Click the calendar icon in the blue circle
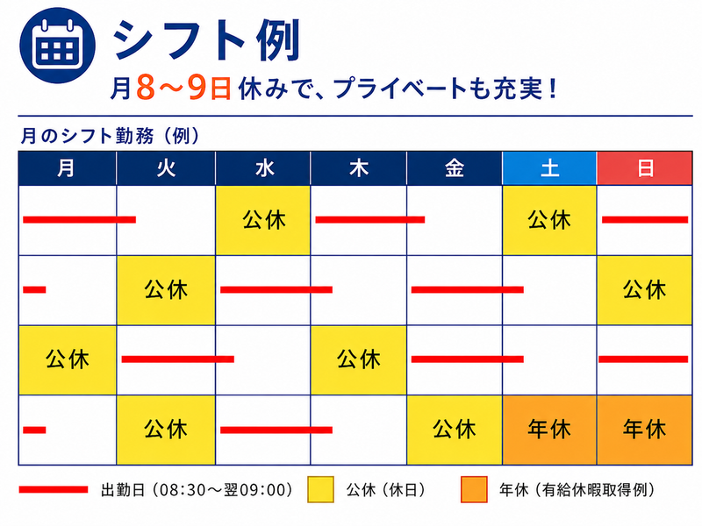(x=57, y=46)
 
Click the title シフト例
(x=207, y=41)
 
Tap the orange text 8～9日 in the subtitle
(x=183, y=87)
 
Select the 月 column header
(x=68, y=168)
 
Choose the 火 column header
(x=166, y=168)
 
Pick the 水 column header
(x=262, y=168)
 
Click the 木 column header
(x=359, y=168)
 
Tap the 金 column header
(x=455, y=168)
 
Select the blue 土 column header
(x=549, y=168)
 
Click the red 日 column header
(x=645, y=168)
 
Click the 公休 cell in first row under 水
(x=262, y=220)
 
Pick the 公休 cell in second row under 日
(x=645, y=290)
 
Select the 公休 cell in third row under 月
(x=68, y=360)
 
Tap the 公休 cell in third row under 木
(x=359, y=360)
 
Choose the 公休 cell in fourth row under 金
(x=455, y=430)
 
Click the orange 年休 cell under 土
(x=549, y=430)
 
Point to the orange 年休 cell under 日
(x=645, y=430)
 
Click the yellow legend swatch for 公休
(x=320, y=490)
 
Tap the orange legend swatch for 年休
(x=474, y=490)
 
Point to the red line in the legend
(x=54, y=490)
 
